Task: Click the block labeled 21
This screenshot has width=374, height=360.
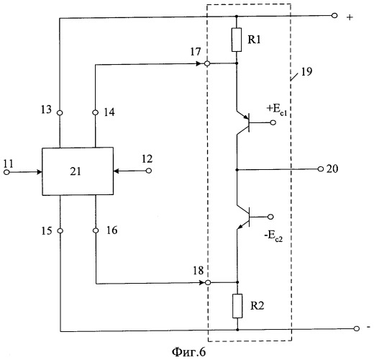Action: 78,171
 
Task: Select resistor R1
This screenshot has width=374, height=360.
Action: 237,40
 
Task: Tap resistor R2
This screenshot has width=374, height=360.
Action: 237,306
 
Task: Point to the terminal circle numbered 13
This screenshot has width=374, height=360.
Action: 60,112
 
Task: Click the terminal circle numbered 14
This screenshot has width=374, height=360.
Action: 96,112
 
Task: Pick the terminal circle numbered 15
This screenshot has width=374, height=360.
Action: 60,231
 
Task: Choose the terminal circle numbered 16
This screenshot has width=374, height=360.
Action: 96,230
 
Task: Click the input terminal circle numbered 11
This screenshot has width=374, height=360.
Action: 6,172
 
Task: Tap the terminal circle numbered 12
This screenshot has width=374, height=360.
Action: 149,171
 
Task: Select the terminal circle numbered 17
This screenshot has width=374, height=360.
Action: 207,63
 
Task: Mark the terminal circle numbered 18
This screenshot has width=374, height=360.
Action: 208,282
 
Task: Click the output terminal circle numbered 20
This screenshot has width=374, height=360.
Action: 321,169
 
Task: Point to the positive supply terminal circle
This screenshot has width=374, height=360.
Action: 334,16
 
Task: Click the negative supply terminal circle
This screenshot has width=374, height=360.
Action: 357,328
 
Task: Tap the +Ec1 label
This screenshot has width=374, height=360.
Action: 277,110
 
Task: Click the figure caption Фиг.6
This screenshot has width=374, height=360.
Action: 189,352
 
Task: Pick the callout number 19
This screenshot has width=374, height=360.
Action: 306,72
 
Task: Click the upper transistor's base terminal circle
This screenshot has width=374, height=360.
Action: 273,122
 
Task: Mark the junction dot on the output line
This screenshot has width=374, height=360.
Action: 237,170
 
